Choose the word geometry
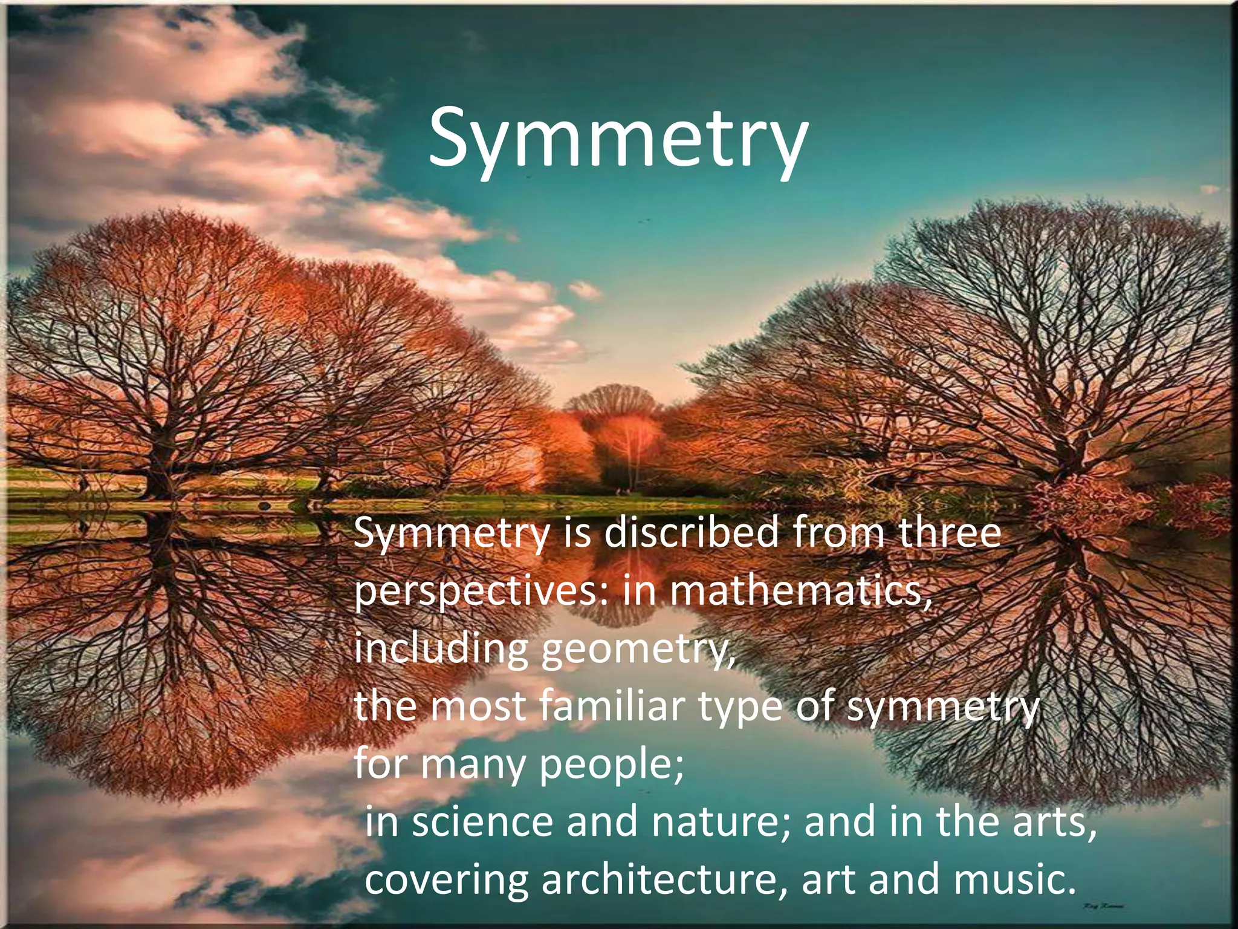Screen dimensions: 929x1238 coord(638,650)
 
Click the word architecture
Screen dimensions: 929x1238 coord(665,879)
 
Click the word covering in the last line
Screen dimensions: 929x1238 coord(447,879)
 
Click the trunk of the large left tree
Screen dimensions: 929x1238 coord(160,466)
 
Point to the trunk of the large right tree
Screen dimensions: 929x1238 coord(1064,460)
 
